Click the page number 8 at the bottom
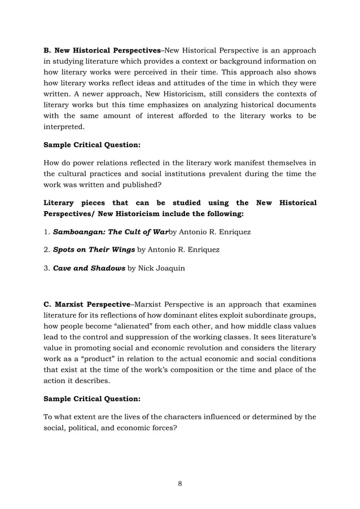click(179, 483)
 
